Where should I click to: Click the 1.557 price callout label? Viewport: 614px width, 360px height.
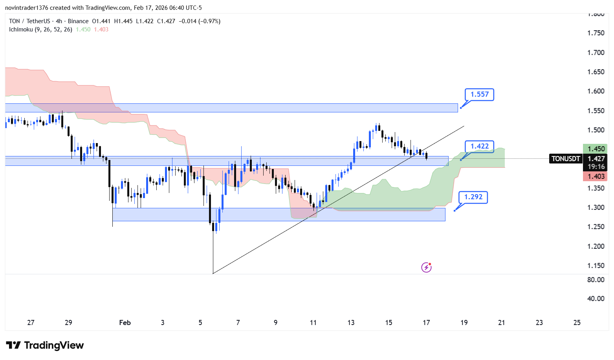(x=479, y=94)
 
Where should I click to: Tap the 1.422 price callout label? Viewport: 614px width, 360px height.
(x=479, y=146)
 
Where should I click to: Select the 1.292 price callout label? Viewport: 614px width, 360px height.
(x=473, y=197)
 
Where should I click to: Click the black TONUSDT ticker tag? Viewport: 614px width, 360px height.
(x=566, y=159)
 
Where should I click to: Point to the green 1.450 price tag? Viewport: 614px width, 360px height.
(x=596, y=149)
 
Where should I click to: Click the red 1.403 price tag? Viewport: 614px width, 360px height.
(x=596, y=176)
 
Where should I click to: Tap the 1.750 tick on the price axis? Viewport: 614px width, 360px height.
(x=596, y=33)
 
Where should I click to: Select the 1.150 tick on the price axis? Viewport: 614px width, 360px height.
(x=596, y=266)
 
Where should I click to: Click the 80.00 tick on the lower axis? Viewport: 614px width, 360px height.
(x=596, y=280)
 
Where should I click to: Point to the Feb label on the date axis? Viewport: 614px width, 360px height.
(x=125, y=323)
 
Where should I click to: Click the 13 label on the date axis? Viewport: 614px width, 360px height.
(x=351, y=323)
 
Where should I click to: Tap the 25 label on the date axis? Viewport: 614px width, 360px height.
(x=577, y=323)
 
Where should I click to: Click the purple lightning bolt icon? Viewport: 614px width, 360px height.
(x=426, y=268)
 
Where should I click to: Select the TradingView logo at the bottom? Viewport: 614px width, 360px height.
(x=45, y=345)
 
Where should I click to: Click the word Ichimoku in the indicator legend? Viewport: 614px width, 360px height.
(x=21, y=29)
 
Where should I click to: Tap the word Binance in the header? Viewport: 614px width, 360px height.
(x=78, y=21)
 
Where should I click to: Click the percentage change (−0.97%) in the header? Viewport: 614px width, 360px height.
(x=209, y=21)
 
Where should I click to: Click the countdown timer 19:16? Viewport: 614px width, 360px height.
(x=596, y=167)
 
